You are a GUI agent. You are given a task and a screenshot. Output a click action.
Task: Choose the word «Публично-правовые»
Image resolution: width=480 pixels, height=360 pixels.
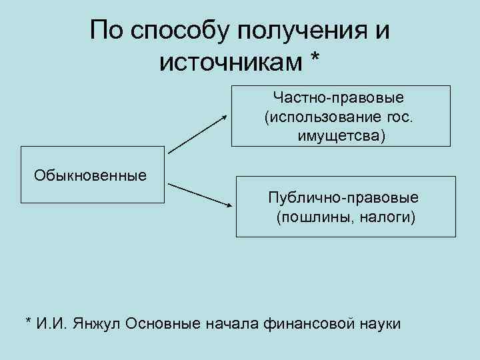[x=343, y=198]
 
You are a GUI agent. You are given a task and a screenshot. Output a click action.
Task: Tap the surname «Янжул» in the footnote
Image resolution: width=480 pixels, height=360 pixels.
[x=98, y=323]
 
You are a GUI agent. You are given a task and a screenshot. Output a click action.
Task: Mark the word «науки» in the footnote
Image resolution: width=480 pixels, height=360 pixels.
[x=379, y=323]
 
